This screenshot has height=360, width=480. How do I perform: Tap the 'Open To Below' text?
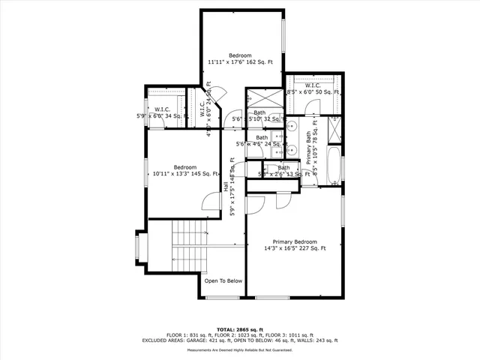tap(223, 281)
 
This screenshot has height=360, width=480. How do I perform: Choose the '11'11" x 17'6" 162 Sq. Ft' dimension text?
tap(240, 63)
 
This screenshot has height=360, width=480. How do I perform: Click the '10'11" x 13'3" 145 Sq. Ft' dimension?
tap(185, 174)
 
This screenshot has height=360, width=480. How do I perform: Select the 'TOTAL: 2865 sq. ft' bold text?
tap(240, 329)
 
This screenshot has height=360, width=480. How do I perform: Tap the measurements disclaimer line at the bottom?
tap(240, 349)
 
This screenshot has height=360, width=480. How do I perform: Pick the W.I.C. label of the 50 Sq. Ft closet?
tap(313, 85)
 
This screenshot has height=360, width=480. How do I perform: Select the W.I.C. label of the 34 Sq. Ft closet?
tap(162, 109)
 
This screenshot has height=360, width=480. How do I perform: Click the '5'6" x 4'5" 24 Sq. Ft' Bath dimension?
tap(259, 144)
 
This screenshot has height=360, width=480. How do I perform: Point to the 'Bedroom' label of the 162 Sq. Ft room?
tap(240, 56)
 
